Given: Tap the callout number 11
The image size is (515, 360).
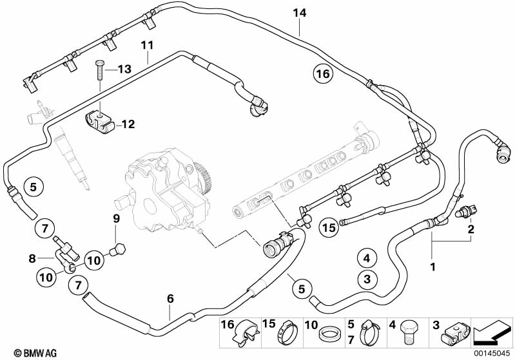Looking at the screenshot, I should point(148,45).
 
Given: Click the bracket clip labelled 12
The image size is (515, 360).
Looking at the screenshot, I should point(97,120).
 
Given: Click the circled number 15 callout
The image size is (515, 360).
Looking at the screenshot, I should point(329,227).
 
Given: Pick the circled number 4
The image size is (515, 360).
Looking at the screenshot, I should point(366,259).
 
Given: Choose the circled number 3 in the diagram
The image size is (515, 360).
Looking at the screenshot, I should point(366,279).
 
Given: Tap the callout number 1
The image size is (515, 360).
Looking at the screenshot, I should point(433,266).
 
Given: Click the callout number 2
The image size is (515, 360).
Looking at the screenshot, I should point(471,229).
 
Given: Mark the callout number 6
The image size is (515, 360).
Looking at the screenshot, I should point(170,298).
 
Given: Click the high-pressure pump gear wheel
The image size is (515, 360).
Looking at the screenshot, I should point(204,178).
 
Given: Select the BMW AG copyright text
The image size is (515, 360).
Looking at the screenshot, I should point(23,353).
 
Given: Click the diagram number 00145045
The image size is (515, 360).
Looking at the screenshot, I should point(493,353).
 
